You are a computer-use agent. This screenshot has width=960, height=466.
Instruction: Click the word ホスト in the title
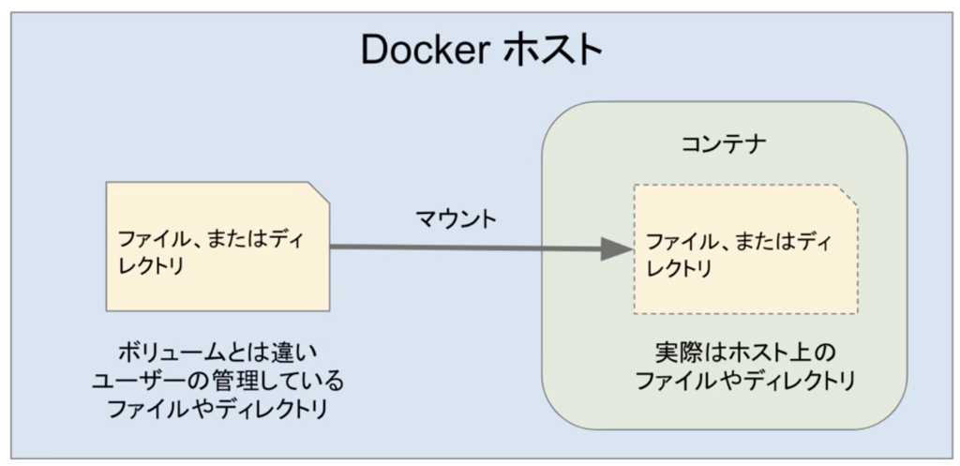coord(553,53)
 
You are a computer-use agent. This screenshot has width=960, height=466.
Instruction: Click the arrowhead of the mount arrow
coord(615,248)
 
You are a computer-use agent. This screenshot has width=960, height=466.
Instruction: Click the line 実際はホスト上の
coord(744,354)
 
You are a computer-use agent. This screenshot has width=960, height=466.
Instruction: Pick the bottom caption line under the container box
coord(744,382)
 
